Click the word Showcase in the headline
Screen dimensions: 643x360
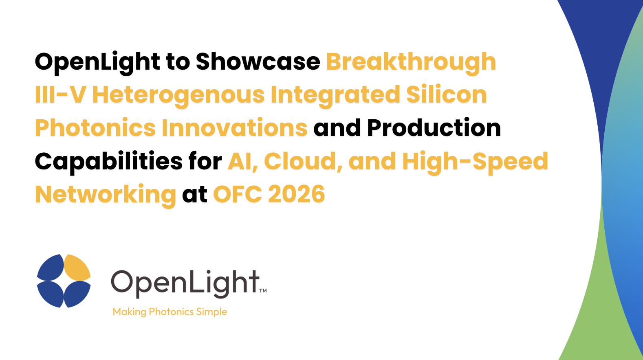pos(258,61)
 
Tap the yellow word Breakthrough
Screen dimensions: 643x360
pos(411,63)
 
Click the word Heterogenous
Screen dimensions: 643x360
pos(178,96)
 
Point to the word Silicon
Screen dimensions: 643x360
pos(446,94)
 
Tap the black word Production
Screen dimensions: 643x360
pos(434,127)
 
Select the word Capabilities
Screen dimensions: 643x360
pos(108,162)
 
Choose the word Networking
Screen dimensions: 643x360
pos(106,195)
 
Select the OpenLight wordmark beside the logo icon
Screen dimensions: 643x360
pos(185,284)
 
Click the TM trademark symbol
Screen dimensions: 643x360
pos(263,291)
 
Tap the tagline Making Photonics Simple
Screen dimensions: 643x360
pos(170,312)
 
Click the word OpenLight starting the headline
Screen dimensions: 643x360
pos(97,63)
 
